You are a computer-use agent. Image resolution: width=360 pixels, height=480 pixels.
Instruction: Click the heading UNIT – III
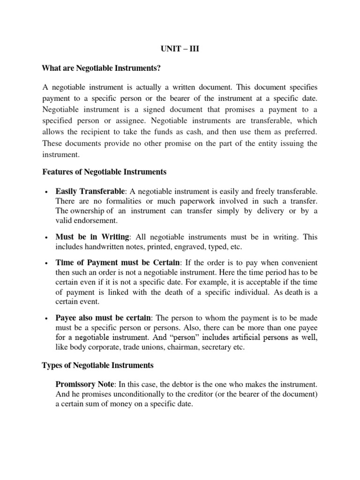click(180, 48)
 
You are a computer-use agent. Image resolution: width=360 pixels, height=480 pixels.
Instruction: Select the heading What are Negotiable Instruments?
click(101, 68)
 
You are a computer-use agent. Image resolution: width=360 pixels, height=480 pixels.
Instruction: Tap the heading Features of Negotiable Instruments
click(104, 172)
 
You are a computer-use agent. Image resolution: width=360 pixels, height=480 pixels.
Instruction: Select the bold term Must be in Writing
click(91, 237)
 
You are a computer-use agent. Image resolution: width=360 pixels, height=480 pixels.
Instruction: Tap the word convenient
click(296, 262)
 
